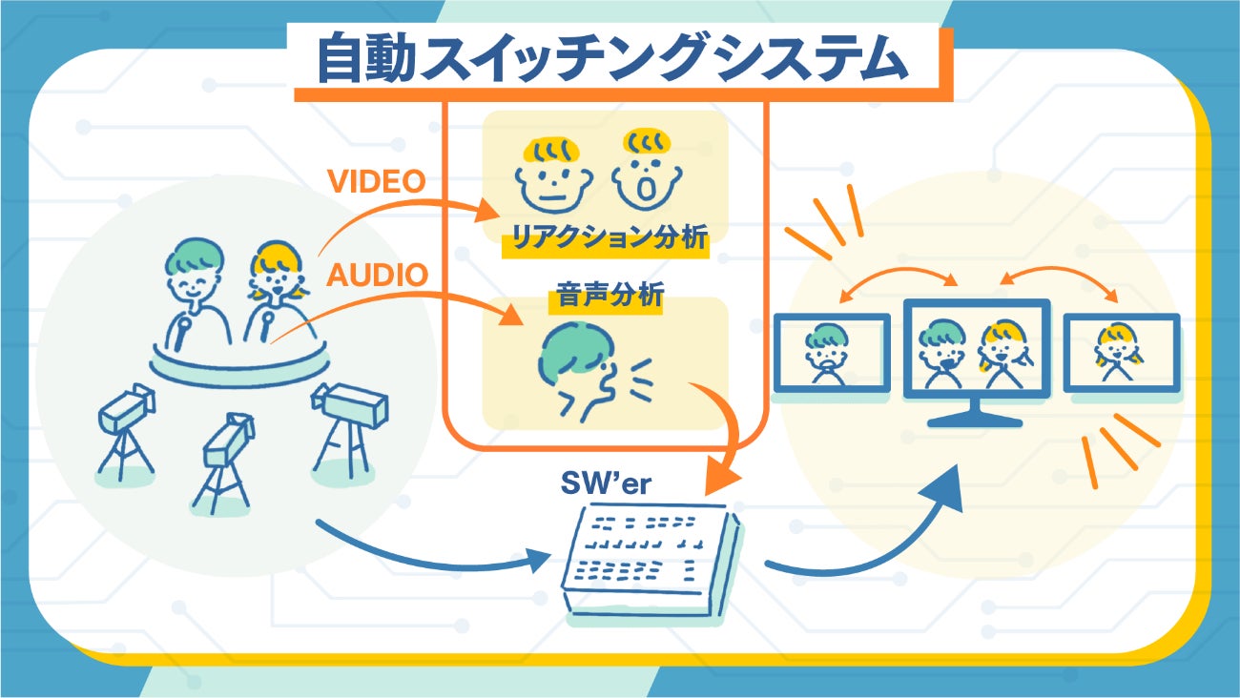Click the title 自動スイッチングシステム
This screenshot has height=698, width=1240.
(610, 60)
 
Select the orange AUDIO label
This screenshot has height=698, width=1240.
(378, 275)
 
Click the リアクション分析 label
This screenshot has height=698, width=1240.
(605, 238)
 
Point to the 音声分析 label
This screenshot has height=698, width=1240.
(606, 297)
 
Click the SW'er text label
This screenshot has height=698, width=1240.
(607, 483)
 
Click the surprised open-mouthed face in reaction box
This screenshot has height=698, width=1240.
(648, 172)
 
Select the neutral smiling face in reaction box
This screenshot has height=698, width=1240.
(553, 174)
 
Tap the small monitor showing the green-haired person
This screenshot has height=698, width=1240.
(830, 354)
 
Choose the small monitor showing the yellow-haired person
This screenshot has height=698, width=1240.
(1121, 352)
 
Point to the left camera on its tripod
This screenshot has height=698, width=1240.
(125, 428)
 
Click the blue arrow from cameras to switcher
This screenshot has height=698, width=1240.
(429, 553)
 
